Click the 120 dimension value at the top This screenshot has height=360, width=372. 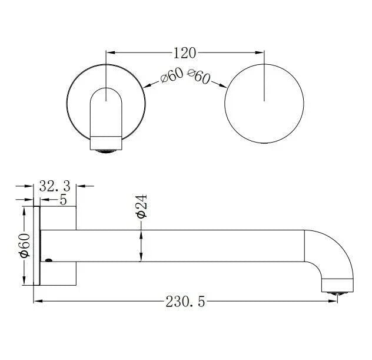point(185,53)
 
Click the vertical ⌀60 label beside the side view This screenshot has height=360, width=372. point(24,246)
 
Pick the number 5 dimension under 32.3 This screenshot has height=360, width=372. point(62,200)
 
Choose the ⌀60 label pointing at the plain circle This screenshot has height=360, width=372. point(199,77)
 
